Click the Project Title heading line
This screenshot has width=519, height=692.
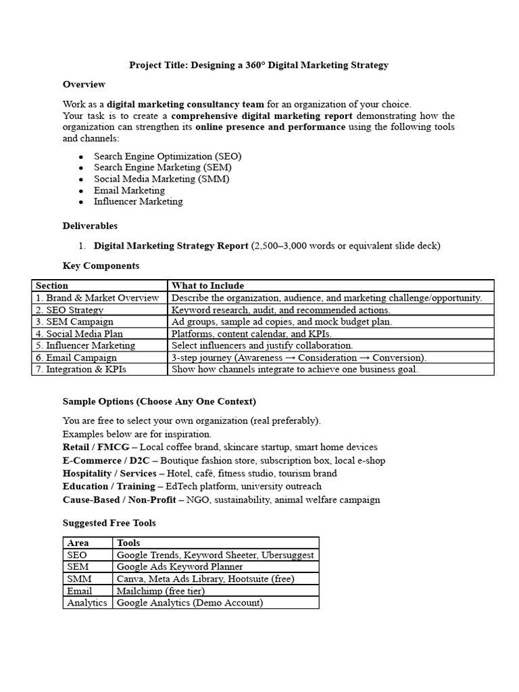(x=259, y=65)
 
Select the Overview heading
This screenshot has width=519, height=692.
(x=84, y=84)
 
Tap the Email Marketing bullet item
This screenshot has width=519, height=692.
(x=129, y=191)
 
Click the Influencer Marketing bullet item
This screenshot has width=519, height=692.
(x=138, y=201)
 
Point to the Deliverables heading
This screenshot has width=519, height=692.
(x=90, y=226)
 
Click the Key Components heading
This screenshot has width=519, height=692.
(x=101, y=266)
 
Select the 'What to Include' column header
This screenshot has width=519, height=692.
(x=208, y=286)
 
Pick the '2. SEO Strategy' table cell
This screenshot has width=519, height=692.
(x=70, y=310)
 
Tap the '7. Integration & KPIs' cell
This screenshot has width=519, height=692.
(x=81, y=370)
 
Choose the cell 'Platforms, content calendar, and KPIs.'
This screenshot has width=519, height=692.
(x=251, y=334)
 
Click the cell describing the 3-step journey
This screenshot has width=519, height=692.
(x=299, y=357)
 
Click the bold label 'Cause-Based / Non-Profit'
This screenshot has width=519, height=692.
(x=119, y=500)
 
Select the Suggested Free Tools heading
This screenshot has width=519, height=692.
(x=109, y=522)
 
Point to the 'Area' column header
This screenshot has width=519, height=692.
(x=78, y=543)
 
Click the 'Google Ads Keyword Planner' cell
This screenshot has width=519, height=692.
(x=180, y=567)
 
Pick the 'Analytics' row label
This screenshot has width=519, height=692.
(x=87, y=603)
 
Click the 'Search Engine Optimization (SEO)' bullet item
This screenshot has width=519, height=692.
(x=168, y=156)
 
